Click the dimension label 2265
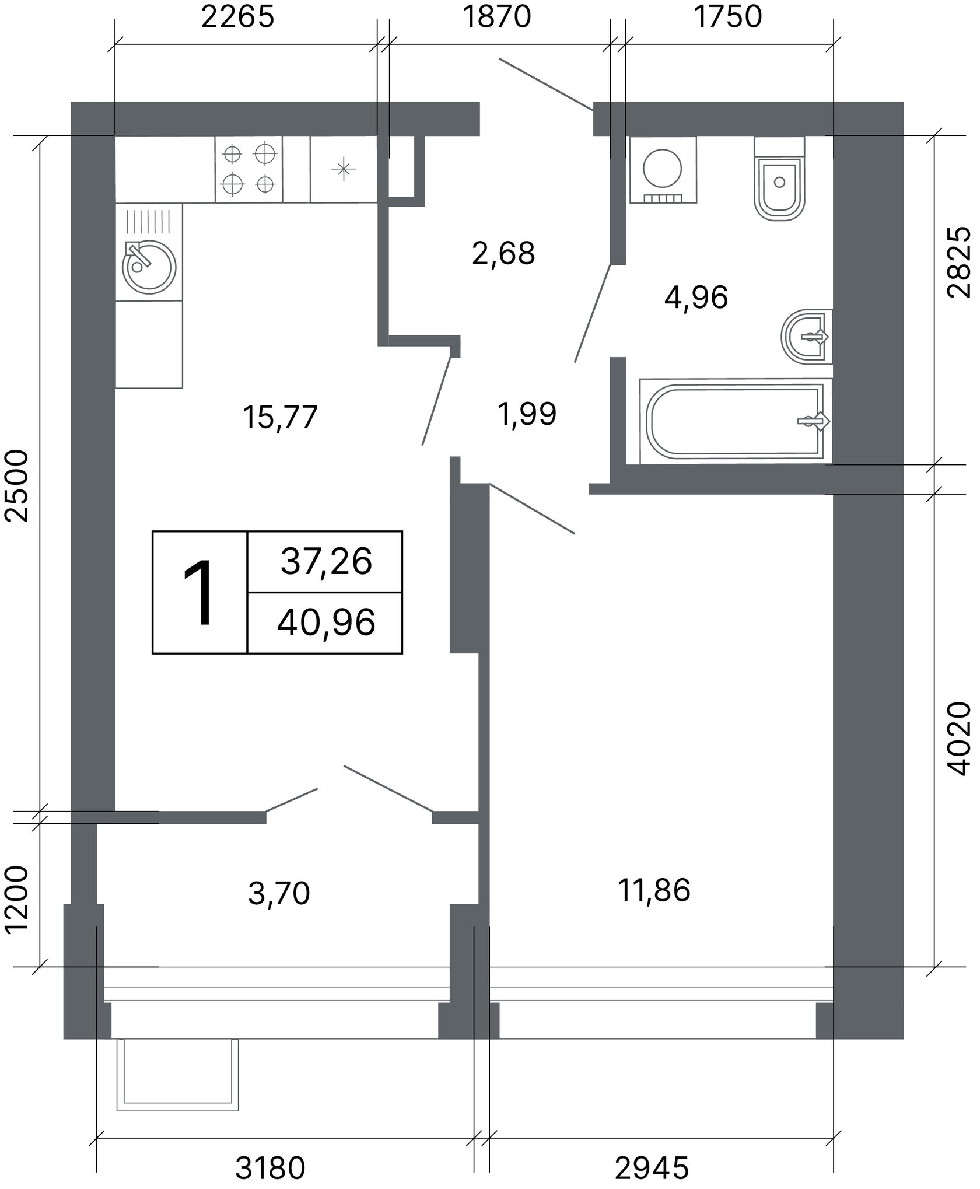[237, 18]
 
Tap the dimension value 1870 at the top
[496, 18]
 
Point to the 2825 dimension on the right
[959, 263]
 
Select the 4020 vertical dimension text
[959, 738]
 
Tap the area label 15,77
[280, 418]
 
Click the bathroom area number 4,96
[696, 298]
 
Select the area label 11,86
[654, 891]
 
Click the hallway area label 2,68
[503, 254]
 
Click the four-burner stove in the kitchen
[249, 169]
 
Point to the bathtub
[736, 421]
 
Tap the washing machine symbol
[663, 170]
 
